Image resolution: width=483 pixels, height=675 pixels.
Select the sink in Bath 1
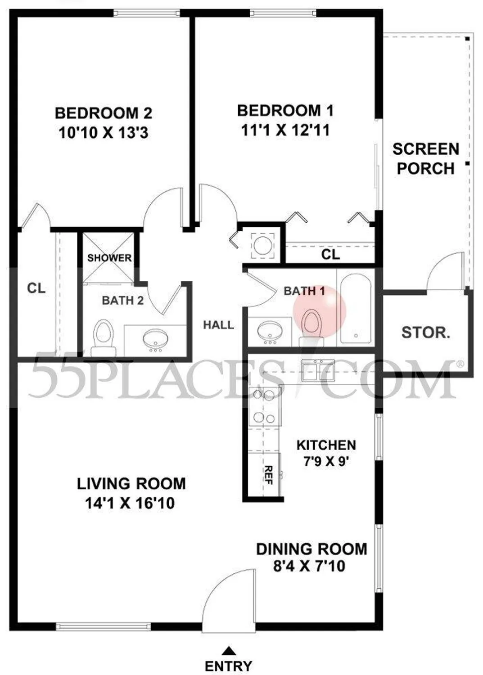point(270,331)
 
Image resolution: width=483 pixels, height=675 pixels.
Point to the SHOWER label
point(109,258)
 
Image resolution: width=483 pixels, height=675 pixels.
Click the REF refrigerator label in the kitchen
point(268,475)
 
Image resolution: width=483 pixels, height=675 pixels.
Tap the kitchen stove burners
point(264,406)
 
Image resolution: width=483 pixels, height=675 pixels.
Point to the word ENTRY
point(229,666)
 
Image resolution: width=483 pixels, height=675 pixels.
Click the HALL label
point(218,325)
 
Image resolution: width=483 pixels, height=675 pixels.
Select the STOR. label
point(425,333)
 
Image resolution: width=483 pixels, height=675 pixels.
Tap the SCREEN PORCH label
point(425,159)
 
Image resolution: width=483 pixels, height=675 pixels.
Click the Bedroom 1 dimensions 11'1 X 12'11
point(285,130)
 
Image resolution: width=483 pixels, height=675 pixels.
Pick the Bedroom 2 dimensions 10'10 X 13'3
point(104,133)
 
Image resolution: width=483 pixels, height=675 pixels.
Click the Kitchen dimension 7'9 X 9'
point(326,461)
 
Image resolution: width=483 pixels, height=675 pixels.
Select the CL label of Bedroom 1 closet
point(330,255)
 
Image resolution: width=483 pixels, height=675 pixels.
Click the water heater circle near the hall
point(262,246)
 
